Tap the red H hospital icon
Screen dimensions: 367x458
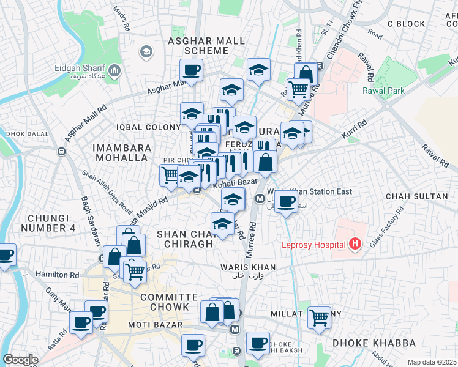[355, 245]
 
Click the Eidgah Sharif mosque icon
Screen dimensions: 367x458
[114, 73]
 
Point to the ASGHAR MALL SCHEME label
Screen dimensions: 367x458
[206, 46]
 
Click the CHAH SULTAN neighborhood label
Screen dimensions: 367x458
[416, 196]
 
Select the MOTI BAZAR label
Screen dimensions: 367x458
[152, 324]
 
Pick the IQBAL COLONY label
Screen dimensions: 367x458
[144, 127]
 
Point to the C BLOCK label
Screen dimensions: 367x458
[406, 24]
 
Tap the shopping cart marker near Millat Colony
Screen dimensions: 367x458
[319, 318]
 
